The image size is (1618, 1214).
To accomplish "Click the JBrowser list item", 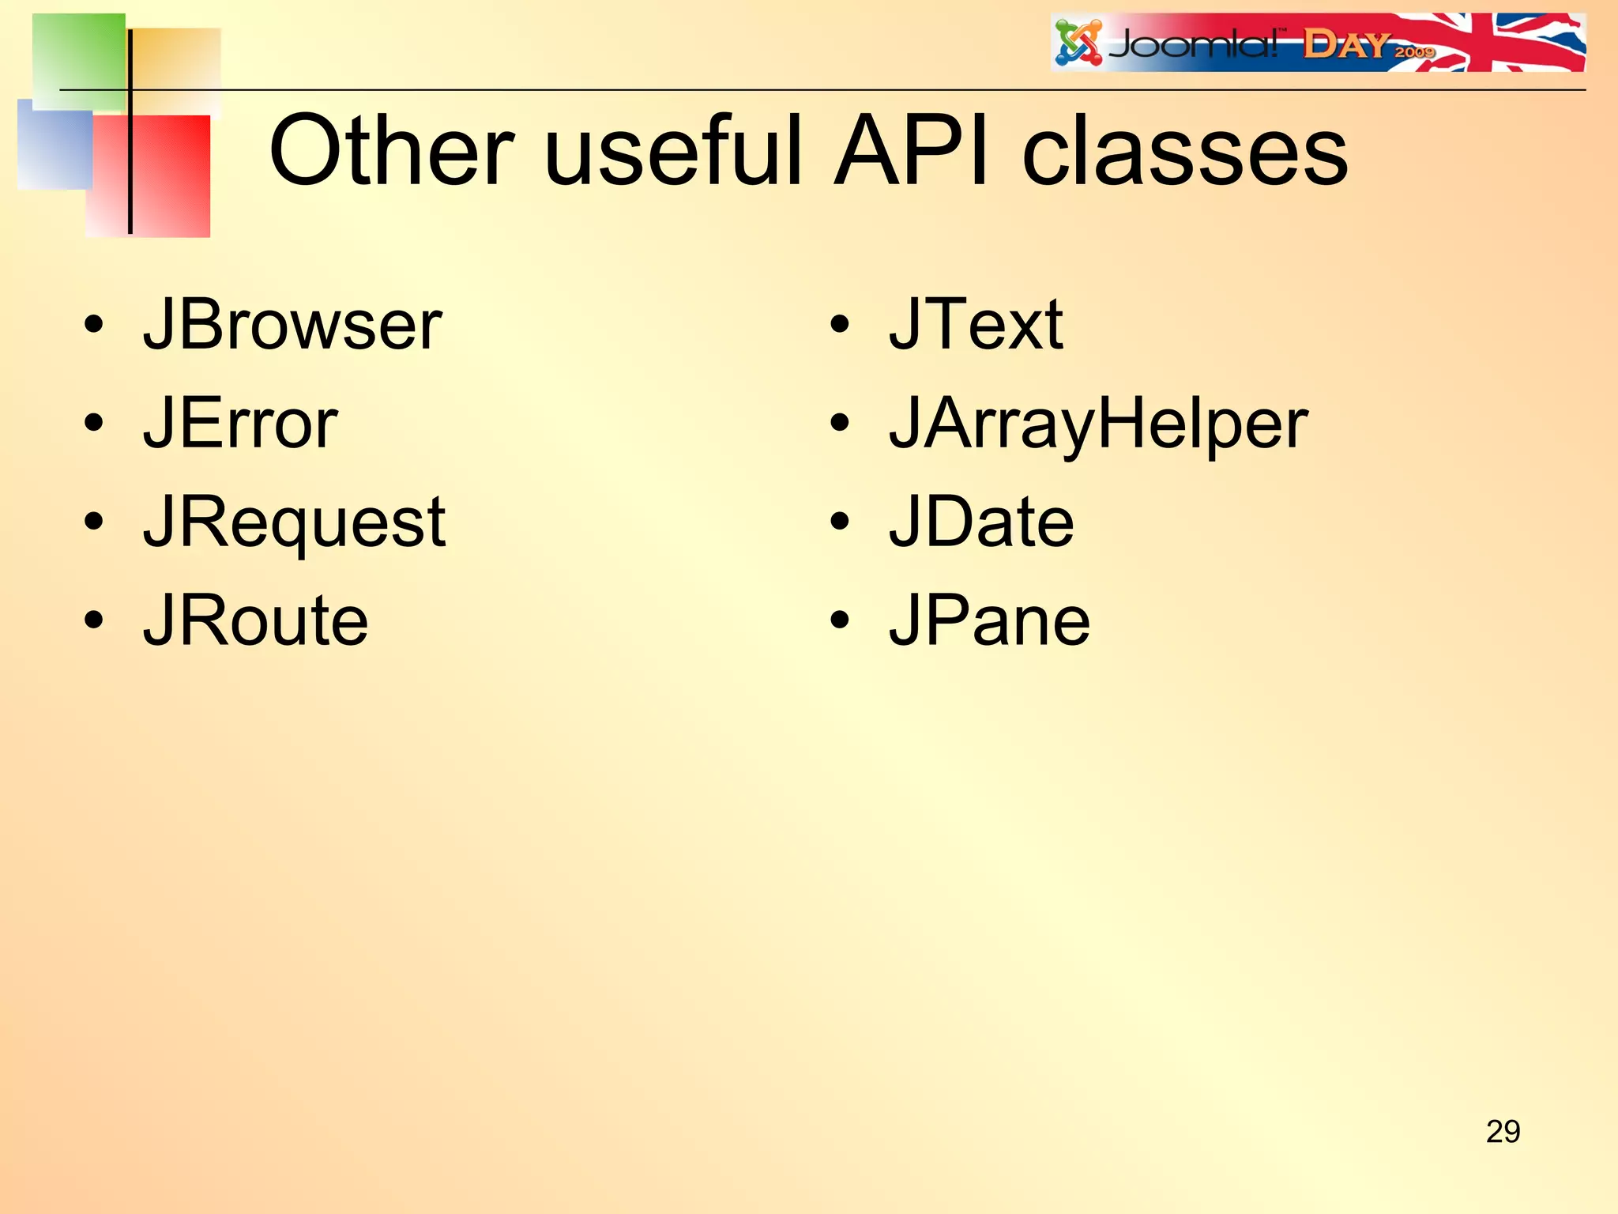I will tap(292, 325).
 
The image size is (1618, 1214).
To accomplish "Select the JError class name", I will tap(240, 424).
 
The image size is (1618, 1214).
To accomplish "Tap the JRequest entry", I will tap(294, 523).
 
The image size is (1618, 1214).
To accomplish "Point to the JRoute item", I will tap(255, 621).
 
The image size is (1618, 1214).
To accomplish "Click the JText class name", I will tap(976, 325).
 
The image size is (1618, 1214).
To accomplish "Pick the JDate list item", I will tap(981, 522).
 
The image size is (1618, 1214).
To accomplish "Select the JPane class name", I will tap(989, 621).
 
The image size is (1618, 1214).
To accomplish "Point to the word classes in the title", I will tap(1184, 152).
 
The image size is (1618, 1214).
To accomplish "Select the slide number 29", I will tap(1503, 1132).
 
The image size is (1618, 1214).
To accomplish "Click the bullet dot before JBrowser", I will tap(93, 325).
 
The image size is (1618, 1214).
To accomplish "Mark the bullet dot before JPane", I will tap(840, 621).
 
